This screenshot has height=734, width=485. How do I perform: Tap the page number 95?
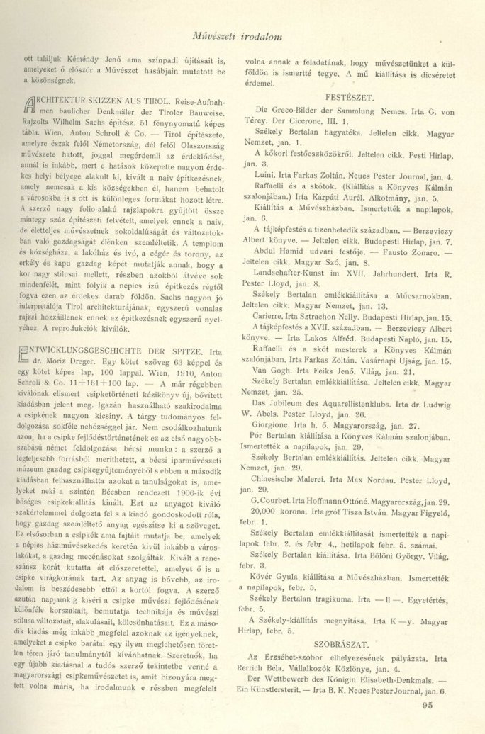(426, 704)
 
